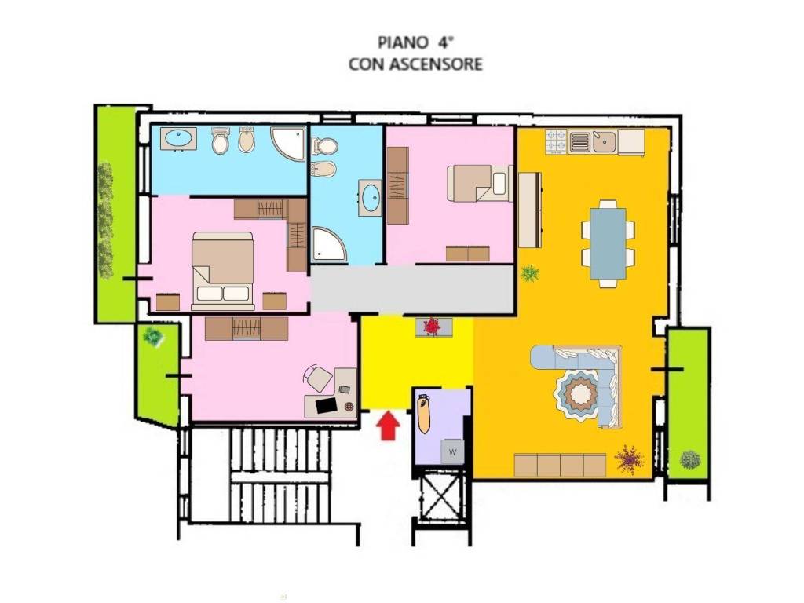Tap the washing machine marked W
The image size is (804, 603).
pyautogui.click(x=453, y=451)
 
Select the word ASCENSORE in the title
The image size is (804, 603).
pyautogui.click(x=437, y=64)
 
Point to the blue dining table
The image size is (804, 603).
pyautogui.click(x=608, y=243)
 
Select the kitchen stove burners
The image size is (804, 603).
pyautogui.click(x=557, y=141)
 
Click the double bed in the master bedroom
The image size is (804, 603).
pyautogui.click(x=223, y=271)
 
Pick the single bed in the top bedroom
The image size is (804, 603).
pyautogui.click(x=480, y=183)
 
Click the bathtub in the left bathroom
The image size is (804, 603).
pyautogui.click(x=178, y=138)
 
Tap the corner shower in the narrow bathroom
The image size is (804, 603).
pyautogui.click(x=328, y=245)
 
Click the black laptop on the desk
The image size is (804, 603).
pyautogui.click(x=327, y=406)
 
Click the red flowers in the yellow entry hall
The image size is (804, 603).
pyautogui.click(x=433, y=326)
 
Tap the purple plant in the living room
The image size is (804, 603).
pyautogui.click(x=629, y=458)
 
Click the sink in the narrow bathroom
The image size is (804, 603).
pyautogui.click(x=371, y=197)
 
